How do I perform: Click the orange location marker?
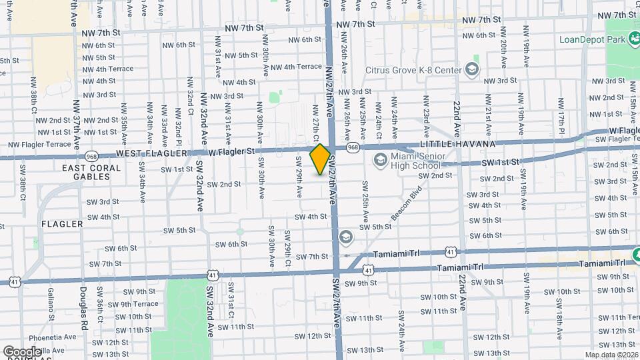point(320,159)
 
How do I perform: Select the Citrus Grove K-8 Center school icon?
point(472,70)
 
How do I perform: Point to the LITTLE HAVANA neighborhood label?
point(457,144)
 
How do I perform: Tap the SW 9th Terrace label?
point(135,304)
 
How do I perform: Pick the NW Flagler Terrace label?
point(39,144)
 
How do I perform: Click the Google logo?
point(22,351)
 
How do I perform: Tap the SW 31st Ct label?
point(231,301)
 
